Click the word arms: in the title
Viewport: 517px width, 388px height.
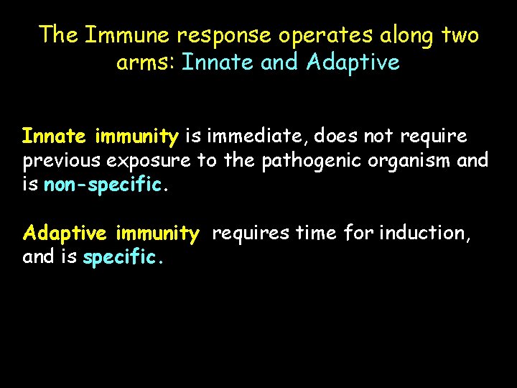(146, 63)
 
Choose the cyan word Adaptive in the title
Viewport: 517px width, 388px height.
(353, 63)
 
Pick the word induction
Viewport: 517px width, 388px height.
(424, 234)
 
